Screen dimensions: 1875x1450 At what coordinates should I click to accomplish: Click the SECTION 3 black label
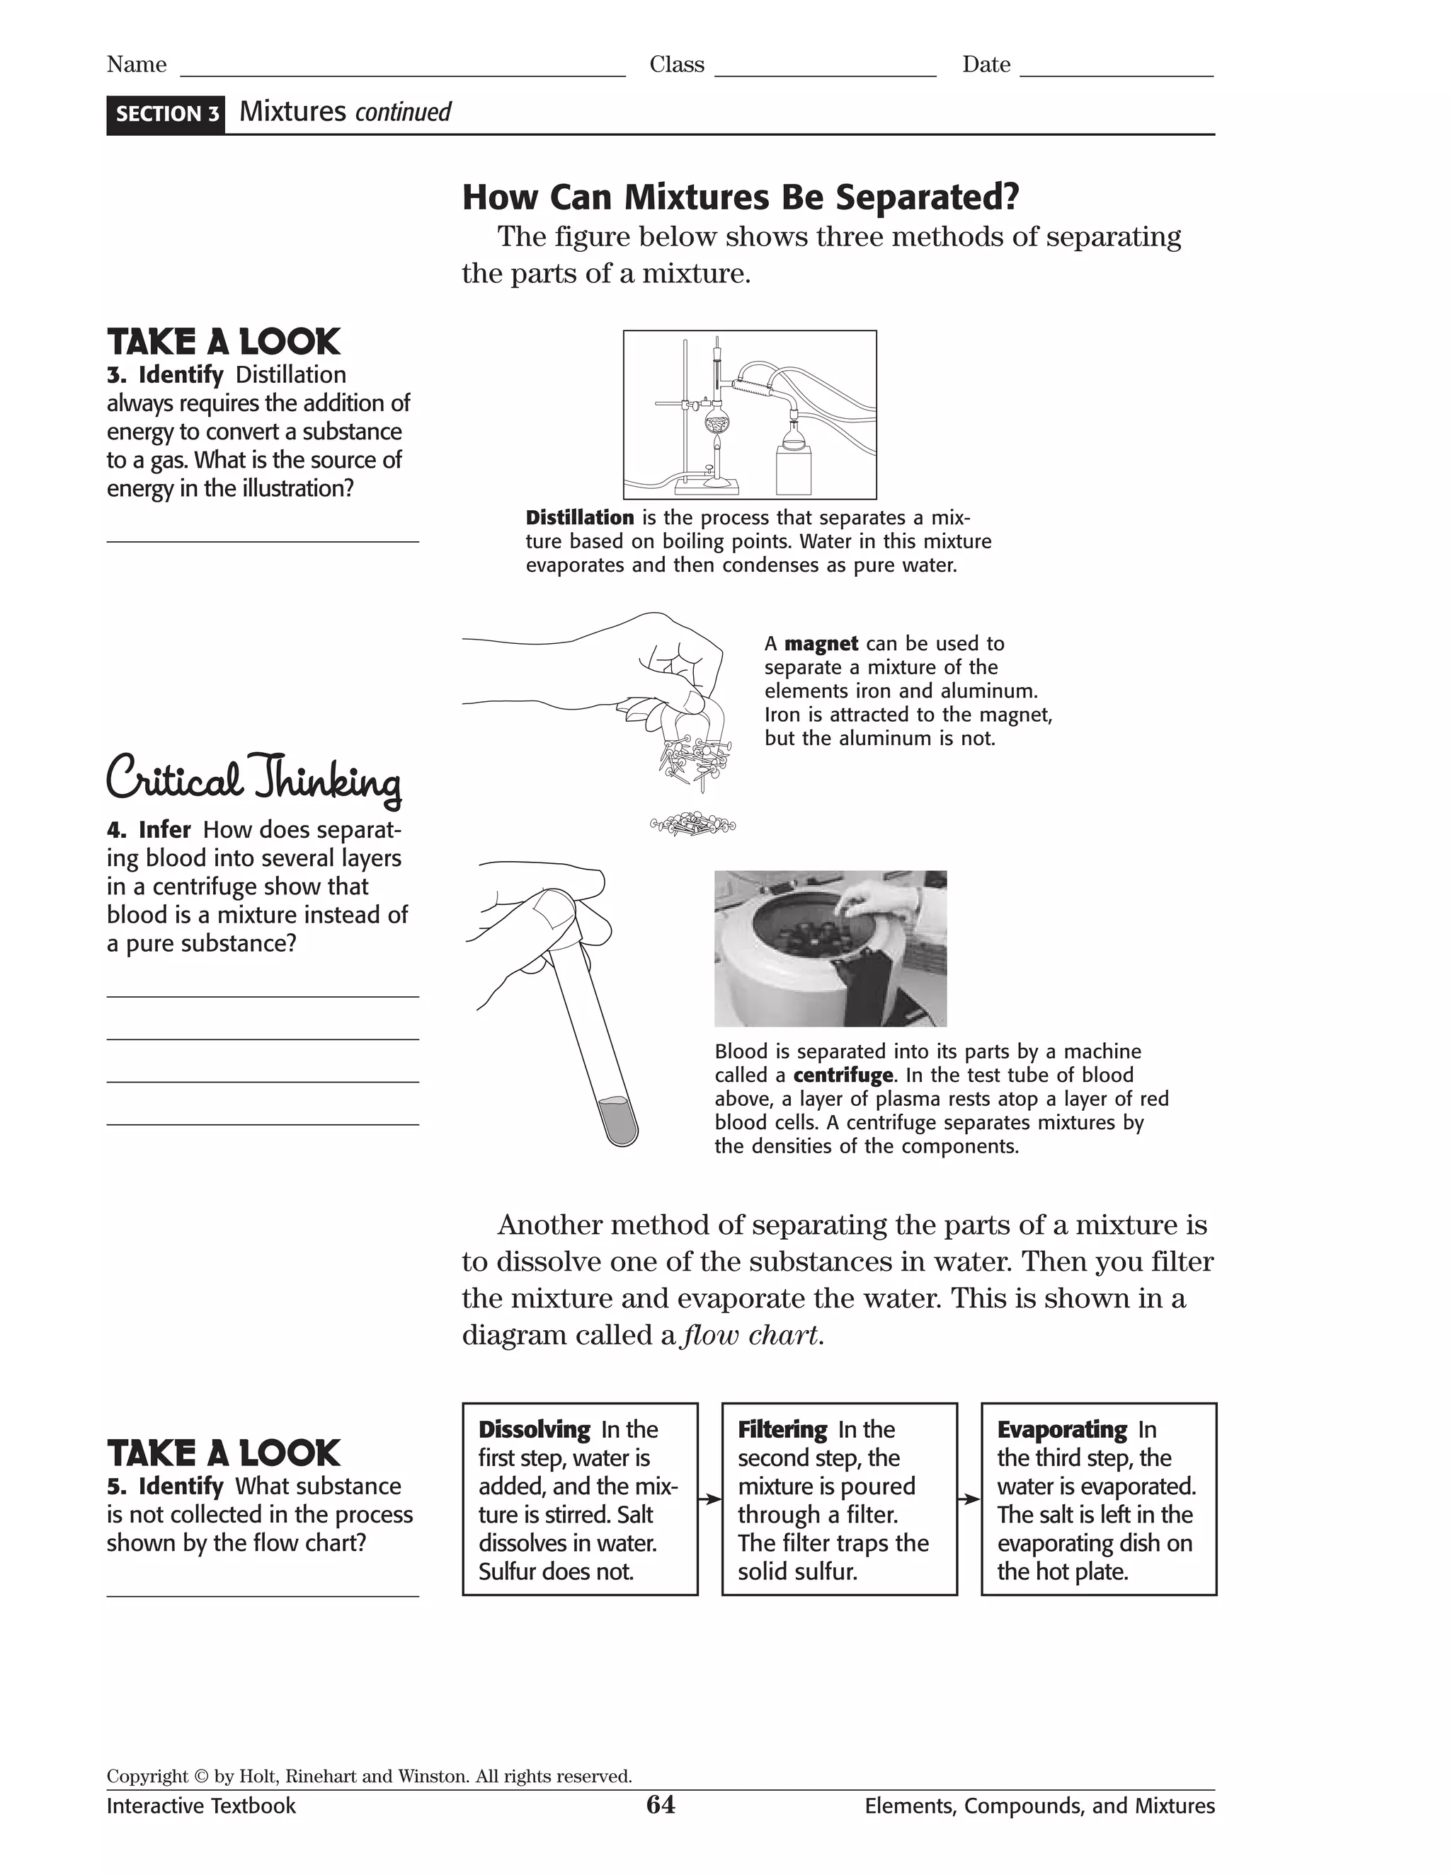point(166,114)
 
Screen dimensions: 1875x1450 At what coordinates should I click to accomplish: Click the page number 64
point(660,1805)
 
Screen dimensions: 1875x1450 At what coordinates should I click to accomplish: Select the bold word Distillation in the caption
point(580,518)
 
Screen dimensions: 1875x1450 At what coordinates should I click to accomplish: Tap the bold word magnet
point(821,644)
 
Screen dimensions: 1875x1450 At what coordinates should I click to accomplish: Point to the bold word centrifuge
point(843,1075)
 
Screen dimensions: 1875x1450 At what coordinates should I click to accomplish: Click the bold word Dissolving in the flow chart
point(535,1429)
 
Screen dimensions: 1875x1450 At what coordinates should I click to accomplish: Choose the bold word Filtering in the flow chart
point(782,1429)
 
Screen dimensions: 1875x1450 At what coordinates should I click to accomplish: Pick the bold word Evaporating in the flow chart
point(1062,1429)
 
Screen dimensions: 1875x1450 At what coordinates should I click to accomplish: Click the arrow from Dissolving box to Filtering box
point(709,1499)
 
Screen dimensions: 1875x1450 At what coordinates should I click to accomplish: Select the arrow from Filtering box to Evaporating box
point(969,1499)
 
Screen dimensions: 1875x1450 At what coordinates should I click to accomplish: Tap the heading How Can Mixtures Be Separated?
point(741,197)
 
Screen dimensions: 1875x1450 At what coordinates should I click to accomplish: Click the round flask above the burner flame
point(716,422)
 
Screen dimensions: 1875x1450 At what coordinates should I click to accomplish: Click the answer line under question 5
point(262,1594)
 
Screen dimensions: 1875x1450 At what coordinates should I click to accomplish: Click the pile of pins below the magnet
point(692,825)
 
